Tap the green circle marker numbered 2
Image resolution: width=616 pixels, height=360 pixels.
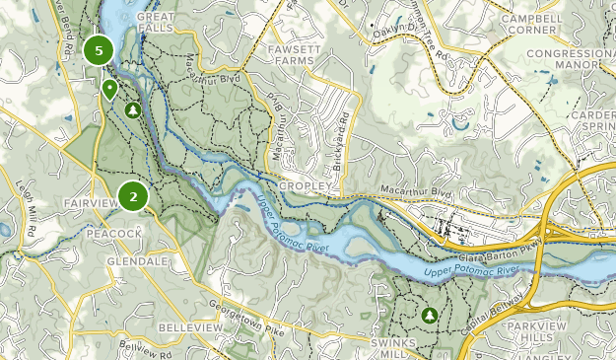132,197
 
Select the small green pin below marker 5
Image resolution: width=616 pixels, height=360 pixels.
109,89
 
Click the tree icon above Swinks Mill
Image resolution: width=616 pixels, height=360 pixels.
429,316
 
